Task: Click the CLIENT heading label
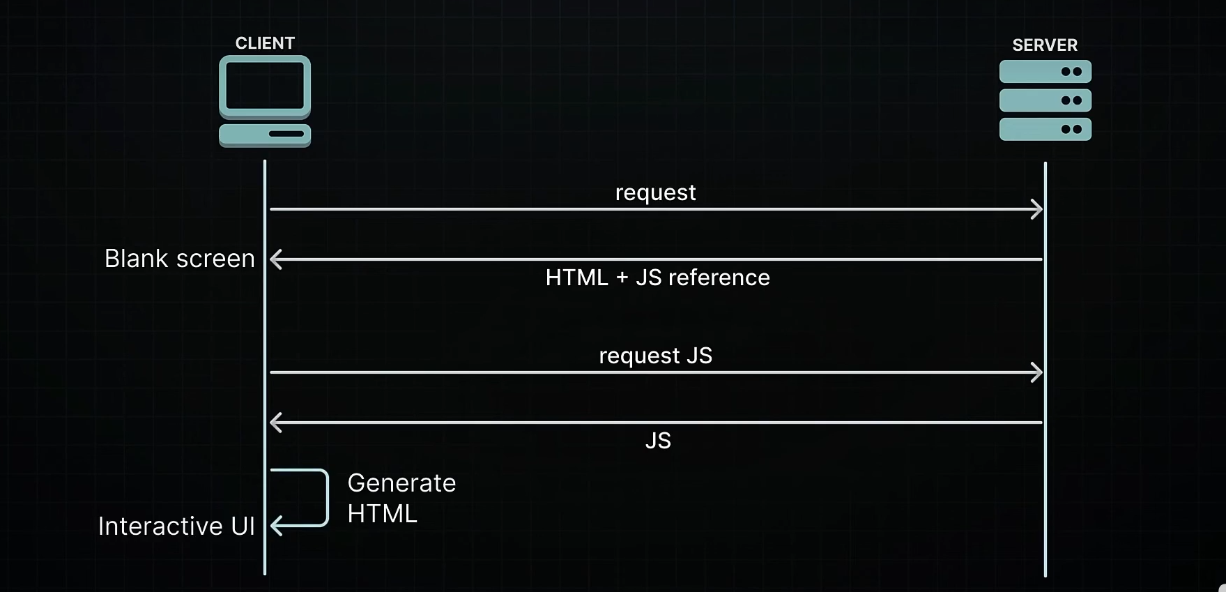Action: pyautogui.click(x=265, y=43)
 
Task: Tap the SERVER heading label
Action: pyautogui.click(x=1044, y=45)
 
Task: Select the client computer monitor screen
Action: pyautogui.click(x=265, y=86)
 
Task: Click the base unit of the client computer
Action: pyautogui.click(x=265, y=134)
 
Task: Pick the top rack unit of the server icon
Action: pyautogui.click(x=1045, y=72)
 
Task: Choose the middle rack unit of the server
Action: pyautogui.click(x=1045, y=100)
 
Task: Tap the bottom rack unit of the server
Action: pyautogui.click(x=1045, y=129)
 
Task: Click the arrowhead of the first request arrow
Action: pyautogui.click(x=1037, y=209)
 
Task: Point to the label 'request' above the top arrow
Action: pyautogui.click(x=655, y=192)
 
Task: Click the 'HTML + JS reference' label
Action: pyautogui.click(x=657, y=278)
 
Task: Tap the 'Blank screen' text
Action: pyautogui.click(x=179, y=259)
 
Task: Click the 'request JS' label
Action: pyautogui.click(x=655, y=356)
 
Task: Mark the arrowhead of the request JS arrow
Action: pyautogui.click(x=1037, y=372)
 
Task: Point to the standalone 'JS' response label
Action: pyautogui.click(x=658, y=441)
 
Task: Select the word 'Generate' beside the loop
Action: pyautogui.click(x=401, y=483)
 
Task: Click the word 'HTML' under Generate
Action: pyautogui.click(x=382, y=514)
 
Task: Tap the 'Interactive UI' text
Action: pyautogui.click(x=176, y=526)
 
